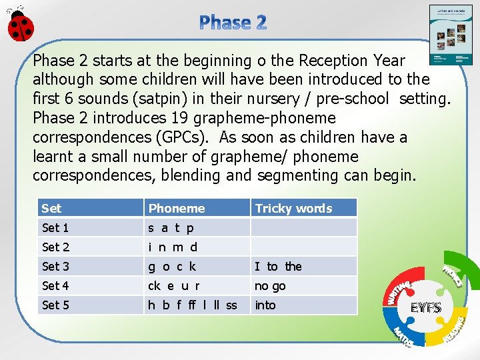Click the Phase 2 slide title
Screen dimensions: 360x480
pos(233,23)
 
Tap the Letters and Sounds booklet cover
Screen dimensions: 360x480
pos(450,35)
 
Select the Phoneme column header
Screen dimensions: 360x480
pos(177,208)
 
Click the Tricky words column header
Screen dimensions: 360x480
pos(293,208)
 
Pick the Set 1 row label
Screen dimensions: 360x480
pos(55,228)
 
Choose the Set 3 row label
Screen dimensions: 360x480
pos(55,267)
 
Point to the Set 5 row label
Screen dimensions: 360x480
pos(55,305)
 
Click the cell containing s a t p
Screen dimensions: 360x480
pos(171,228)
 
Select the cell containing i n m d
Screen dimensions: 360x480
pos(173,247)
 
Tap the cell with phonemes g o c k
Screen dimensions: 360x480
pos(172,267)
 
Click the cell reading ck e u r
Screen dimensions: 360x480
pos(174,286)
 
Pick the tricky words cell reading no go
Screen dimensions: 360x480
pos(270,286)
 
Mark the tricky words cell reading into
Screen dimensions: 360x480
pos(265,305)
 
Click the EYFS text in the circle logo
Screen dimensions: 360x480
pos(425,308)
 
